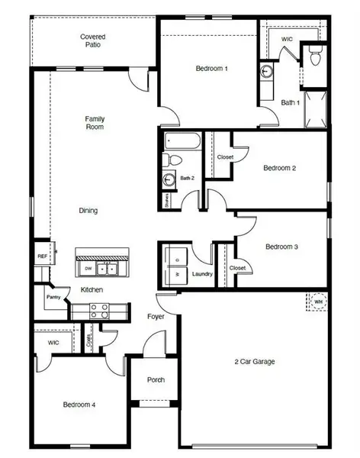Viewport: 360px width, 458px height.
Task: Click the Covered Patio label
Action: (x=92, y=40)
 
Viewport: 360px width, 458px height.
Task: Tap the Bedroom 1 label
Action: (x=212, y=69)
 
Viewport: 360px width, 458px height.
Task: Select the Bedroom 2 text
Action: (x=280, y=168)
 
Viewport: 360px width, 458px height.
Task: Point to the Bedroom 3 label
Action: (x=281, y=247)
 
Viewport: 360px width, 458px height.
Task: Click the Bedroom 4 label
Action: (x=79, y=405)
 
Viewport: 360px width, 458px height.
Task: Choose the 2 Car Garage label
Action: (x=254, y=361)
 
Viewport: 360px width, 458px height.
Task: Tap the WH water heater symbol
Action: (x=318, y=302)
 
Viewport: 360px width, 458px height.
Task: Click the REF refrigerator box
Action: (x=43, y=256)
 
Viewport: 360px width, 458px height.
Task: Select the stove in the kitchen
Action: (x=100, y=311)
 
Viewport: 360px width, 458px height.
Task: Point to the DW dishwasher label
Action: (x=89, y=269)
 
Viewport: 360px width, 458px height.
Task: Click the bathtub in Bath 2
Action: (x=182, y=141)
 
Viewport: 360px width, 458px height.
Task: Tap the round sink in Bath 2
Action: (x=169, y=179)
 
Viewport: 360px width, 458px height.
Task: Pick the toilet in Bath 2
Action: (x=173, y=160)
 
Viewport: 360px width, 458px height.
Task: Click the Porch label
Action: (x=156, y=380)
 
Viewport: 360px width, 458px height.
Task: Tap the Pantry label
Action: (x=53, y=298)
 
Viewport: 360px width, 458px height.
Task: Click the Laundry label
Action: (x=202, y=273)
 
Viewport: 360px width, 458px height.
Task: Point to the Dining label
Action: (x=88, y=211)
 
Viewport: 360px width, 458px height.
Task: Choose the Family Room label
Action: (x=95, y=122)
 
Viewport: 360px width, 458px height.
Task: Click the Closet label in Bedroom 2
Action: (x=225, y=157)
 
